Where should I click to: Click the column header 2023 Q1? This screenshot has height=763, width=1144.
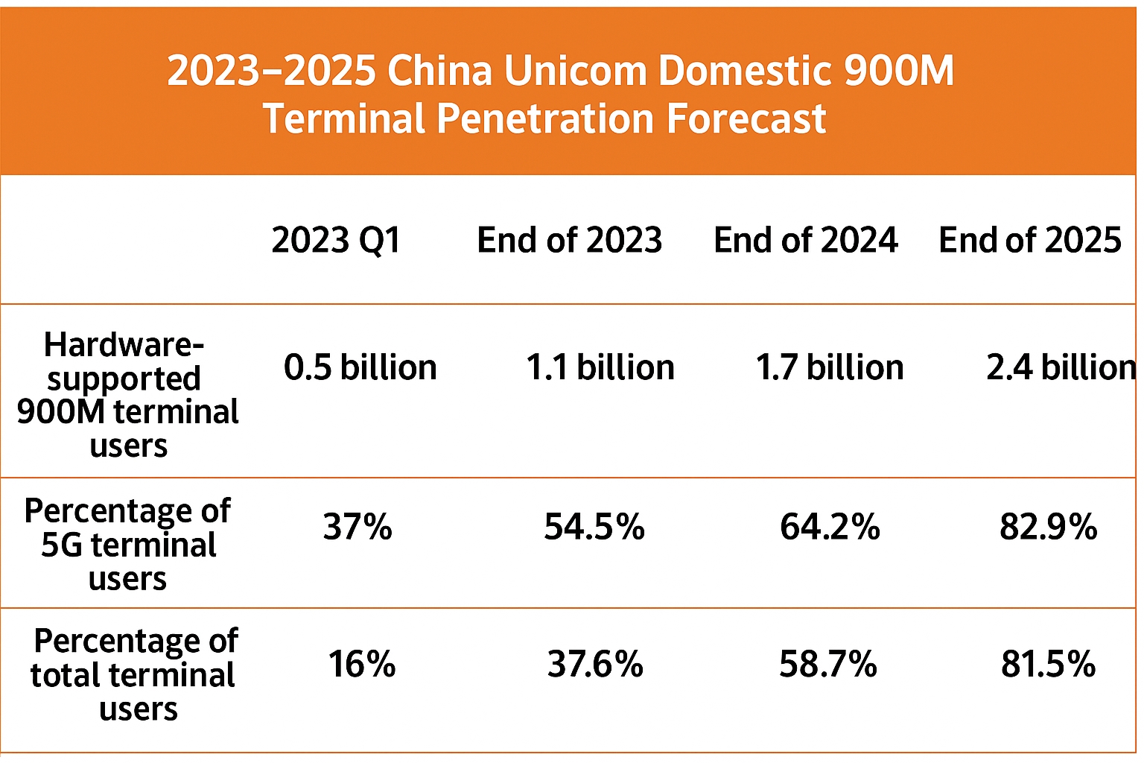coord(336,240)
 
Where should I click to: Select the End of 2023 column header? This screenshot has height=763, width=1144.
coord(569,240)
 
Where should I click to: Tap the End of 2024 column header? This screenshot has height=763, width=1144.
coord(805,240)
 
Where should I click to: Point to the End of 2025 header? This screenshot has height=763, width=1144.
coord(1029,240)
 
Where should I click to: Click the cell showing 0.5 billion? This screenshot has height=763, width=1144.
coord(360,367)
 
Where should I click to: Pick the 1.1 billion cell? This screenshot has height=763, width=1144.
coord(600,367)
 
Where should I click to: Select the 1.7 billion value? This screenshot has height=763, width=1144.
coord(829,367)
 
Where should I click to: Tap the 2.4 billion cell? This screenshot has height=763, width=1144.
coord(1061,367)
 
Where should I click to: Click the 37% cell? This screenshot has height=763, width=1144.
coord(357,527)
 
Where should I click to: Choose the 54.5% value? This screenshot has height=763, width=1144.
coord(594,527)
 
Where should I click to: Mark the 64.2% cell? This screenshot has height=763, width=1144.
coord(830,527)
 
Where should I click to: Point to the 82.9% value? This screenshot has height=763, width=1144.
coord(1048,527)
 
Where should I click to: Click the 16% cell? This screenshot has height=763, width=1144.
coord(361,663)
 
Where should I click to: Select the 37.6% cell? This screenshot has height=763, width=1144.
coord(595,663)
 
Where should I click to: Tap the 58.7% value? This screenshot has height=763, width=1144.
coord(828,663)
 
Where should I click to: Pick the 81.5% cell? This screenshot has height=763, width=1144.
coord(1048,663)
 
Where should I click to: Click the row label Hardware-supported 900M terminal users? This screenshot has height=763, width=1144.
coord(127,395)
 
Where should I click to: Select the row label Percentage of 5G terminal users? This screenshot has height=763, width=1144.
coord(127,545)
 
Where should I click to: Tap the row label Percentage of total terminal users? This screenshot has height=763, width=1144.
coord(134,674)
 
